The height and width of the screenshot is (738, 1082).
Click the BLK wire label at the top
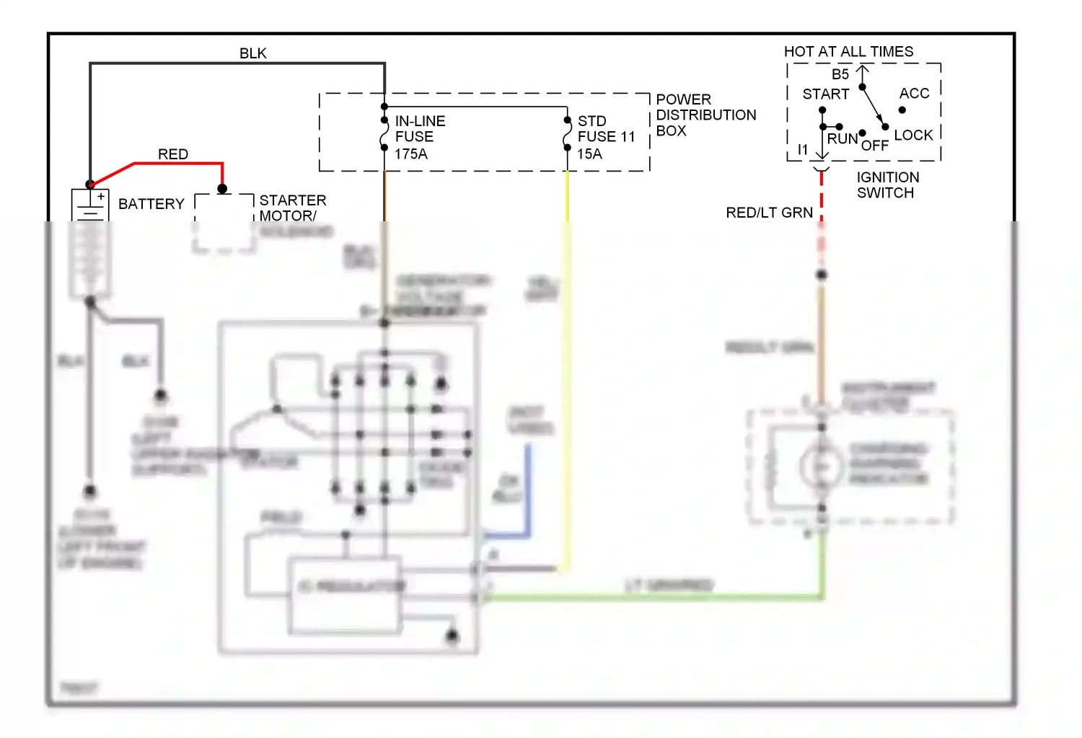252,53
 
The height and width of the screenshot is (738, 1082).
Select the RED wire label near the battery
172,154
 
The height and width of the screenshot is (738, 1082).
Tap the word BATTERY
151,204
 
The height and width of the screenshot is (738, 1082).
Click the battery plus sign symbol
101,196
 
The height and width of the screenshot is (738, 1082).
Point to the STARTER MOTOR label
292,208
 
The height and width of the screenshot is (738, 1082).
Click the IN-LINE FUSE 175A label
420,137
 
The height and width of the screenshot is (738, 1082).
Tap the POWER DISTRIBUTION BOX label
705,115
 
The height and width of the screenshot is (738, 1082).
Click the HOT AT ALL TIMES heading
848,52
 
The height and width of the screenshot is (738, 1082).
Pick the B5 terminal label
840,74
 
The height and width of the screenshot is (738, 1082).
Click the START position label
825,94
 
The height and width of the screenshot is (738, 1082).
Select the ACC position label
914,94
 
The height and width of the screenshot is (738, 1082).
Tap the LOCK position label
913,135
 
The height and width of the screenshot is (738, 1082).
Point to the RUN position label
842,139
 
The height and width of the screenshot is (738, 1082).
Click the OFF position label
874,146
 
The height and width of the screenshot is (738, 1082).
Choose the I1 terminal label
803,150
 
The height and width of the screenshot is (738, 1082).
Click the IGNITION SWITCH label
887,185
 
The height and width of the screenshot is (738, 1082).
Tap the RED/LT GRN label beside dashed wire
769,213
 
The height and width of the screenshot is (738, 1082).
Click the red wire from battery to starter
180,164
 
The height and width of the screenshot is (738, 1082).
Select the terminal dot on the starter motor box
223,189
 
